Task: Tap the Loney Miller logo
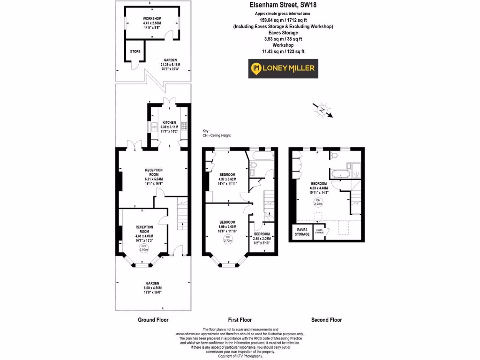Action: coord(283,68)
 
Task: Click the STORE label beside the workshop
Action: coord(135,52)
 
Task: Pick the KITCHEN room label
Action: coord(169,122)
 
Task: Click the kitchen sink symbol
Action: coord(154,127)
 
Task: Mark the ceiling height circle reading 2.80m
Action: coord(143,248)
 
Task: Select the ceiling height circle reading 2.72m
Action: coord(227,239)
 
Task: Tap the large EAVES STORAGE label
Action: coord(302,232)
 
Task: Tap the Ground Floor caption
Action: coord(153,320)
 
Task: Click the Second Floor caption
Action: coord(326,320)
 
